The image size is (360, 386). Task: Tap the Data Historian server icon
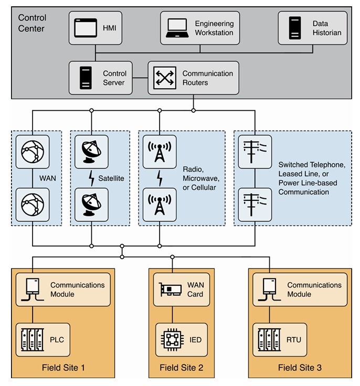click(x=295, y=28)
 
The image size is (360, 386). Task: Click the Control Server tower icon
click(x=86, y=78)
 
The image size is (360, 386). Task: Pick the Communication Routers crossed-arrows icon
click(x=164, y=78)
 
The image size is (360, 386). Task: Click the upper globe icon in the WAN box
click(x=33, y=152)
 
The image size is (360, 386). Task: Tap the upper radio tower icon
click(x=160, y=152)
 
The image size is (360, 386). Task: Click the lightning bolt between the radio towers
click(x=160, y=178)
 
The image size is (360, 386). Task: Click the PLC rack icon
click(x=33, y=340)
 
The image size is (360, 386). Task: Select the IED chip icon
click(x=173, y=340)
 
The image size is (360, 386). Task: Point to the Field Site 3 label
click(x=300, y=367)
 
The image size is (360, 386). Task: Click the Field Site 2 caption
click(x=181, y=367)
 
